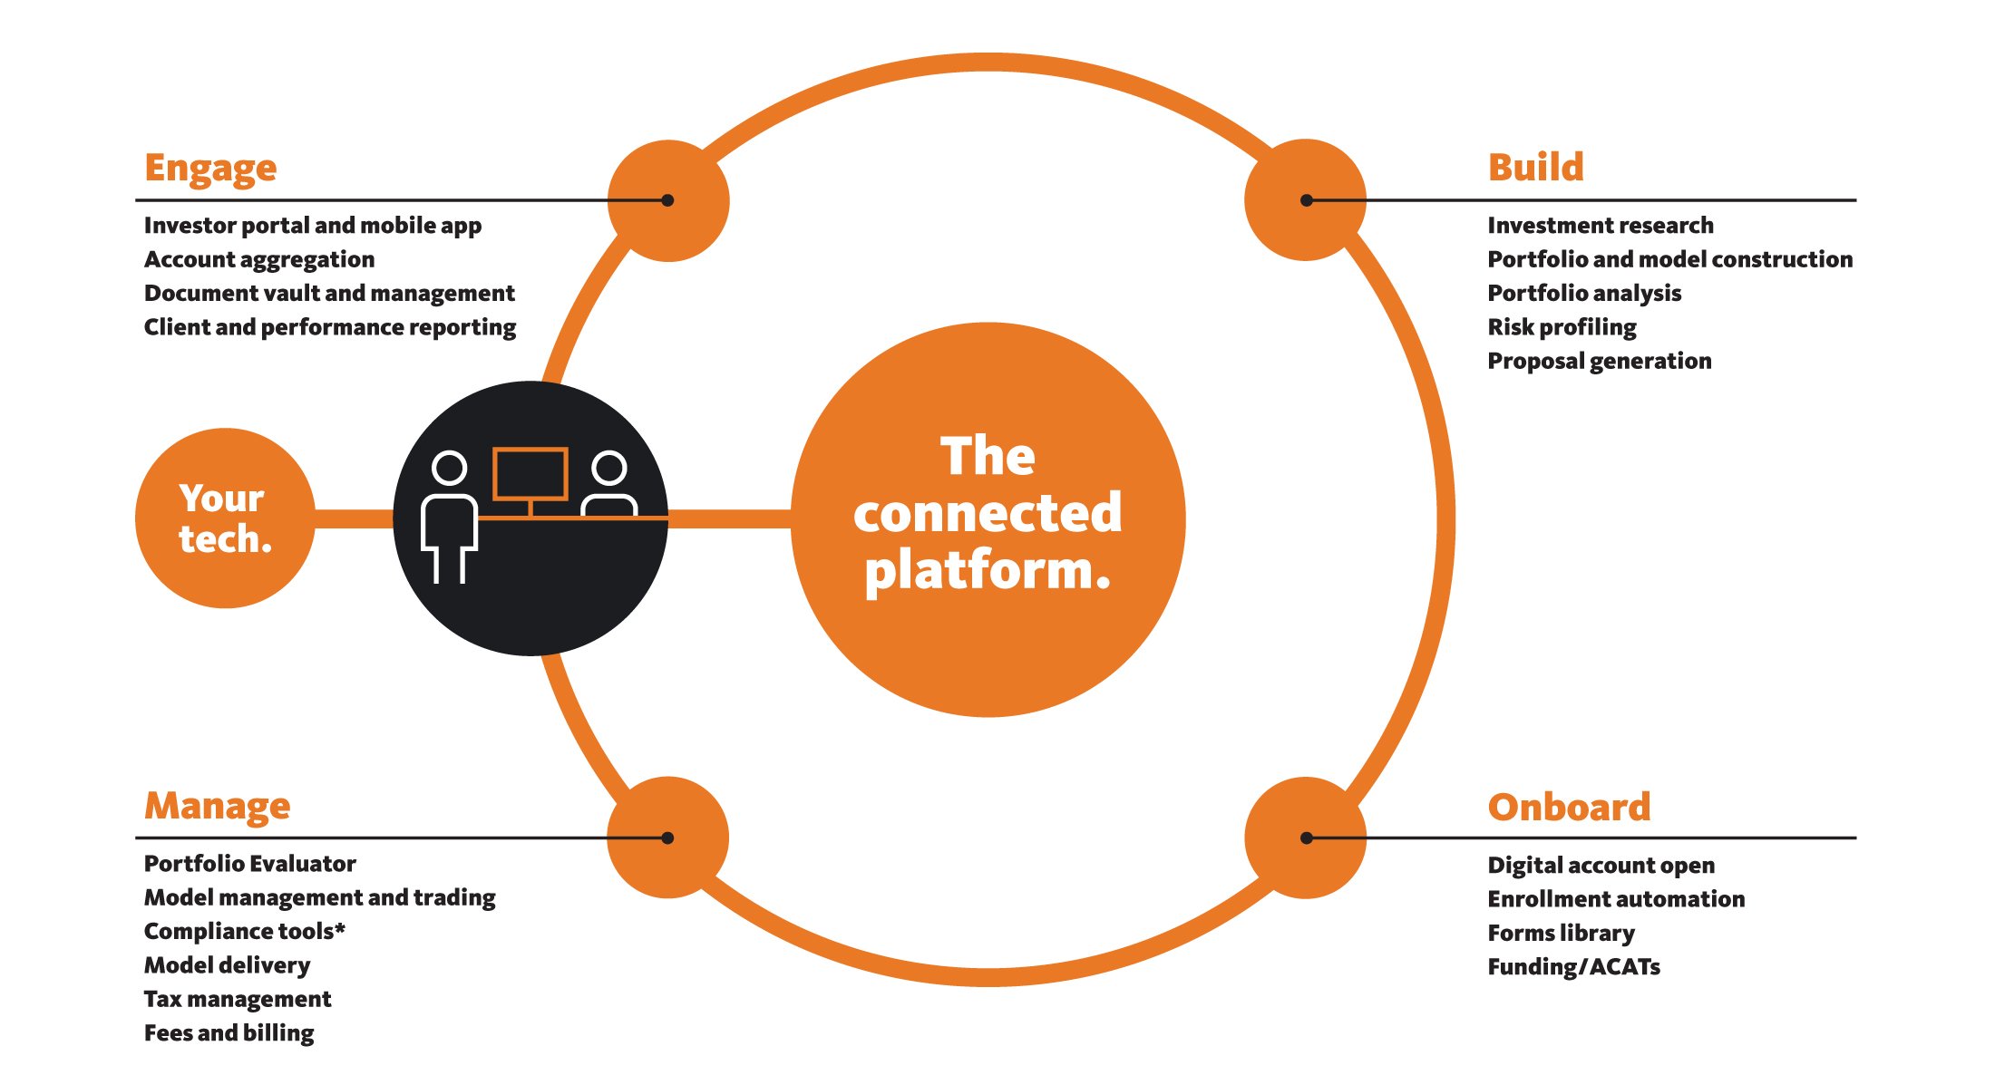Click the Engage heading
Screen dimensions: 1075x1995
(210, 169)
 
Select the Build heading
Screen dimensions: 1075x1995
(1535, 168)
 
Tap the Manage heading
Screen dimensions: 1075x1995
(217, 806)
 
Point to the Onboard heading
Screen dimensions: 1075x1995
(1569, 807)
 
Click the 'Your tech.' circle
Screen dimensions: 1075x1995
(225, 518)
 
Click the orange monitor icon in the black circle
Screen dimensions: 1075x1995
(530, 474)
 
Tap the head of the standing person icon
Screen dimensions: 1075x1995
(449, 468)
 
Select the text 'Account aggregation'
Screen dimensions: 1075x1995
(259, 259)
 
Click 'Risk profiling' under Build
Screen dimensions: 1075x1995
(1562, 327)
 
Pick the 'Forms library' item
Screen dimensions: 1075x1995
(1561, 933)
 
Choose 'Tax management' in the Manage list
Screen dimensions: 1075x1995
(238, 999)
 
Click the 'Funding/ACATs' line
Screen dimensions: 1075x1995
(1573, 967)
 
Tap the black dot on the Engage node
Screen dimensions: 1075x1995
(667, 200)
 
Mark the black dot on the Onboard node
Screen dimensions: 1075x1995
(1307, 838)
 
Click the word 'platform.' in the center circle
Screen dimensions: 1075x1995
(988, 571)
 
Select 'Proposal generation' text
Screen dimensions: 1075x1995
(1599, 361)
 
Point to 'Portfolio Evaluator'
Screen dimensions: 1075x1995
(249, 864)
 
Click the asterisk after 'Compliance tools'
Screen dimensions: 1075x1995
(340, 927)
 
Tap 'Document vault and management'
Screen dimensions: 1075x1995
(329, 294)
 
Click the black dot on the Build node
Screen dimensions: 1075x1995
(1307, 200)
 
